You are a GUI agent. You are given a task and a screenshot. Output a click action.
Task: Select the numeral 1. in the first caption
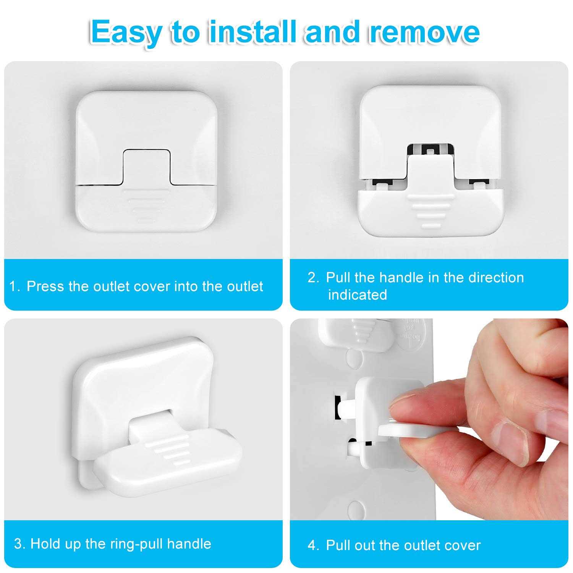click(x=15, y=286)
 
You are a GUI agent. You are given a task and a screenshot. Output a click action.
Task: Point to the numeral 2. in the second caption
click(x=313, y=278)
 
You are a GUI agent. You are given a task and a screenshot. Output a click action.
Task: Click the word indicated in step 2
click(x=358, y=295)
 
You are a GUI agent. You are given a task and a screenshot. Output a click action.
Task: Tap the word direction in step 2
click(x=496, y=278)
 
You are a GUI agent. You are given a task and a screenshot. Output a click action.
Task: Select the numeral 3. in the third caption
click(x=20, y=544)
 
